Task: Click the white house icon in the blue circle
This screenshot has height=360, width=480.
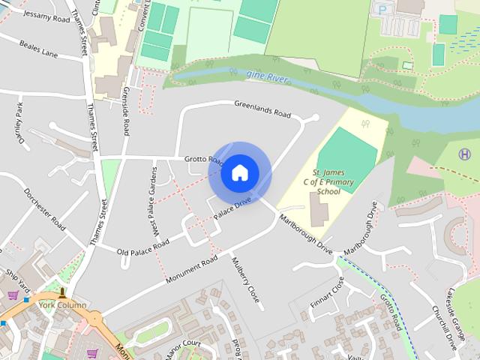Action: click(239, 172)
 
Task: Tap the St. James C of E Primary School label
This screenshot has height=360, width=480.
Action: click(328, 181)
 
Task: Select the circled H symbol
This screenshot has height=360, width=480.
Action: click(465, 154)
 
